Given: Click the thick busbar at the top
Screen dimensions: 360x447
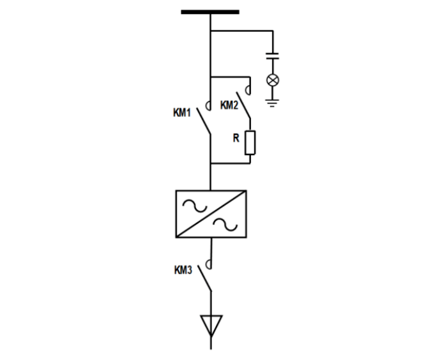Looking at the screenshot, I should (x=210, y=11).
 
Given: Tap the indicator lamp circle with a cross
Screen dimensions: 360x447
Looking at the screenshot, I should (x=273, y=80).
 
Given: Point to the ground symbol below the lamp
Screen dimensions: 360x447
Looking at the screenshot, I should (x=273, y=103).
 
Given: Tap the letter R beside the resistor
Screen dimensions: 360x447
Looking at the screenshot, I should (x=235, y=137).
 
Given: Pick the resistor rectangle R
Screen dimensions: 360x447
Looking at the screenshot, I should (x=250, y=142).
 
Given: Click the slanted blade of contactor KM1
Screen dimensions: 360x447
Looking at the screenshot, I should (x=204, y=121).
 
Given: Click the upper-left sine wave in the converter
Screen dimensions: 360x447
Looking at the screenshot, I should (x=192, y=205).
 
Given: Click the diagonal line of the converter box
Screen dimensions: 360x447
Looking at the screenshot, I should (x=211, y=214).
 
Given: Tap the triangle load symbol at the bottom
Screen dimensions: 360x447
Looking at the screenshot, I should (x=211, y=324).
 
